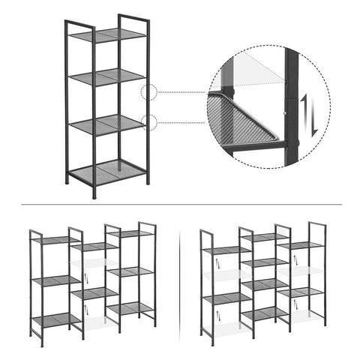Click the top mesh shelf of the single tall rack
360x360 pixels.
pyautogui.click(x=108, y=35)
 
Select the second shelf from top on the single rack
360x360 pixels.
pyautogui.click(x=108, y=76)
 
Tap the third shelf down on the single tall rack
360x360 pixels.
pyautogui.click(x=108, y=124)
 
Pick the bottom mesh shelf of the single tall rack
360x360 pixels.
pyautogui.click(x=108, y=172)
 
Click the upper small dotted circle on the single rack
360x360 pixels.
pyautogui.click(x=148, y=93)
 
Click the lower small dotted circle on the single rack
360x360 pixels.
pyautogui.click(x=148, y=122)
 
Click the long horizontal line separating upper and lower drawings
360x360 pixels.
pyautogui.click(x=180, y=204)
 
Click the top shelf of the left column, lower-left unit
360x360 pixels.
pyautogui.click(x=55, y=240)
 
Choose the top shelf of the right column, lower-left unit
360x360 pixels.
pyautogui.click(x=130, y=233)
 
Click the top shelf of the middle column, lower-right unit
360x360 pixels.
pyautogui.click(x=265, y=238)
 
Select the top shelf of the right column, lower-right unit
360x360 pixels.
pyautogui.click(x=301, y=245)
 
